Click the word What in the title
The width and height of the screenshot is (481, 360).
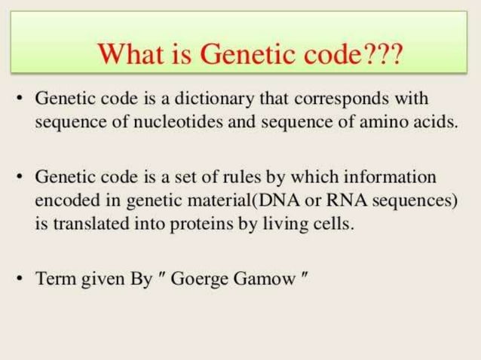point(130,53)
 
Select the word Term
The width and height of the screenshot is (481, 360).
point(55,277)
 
